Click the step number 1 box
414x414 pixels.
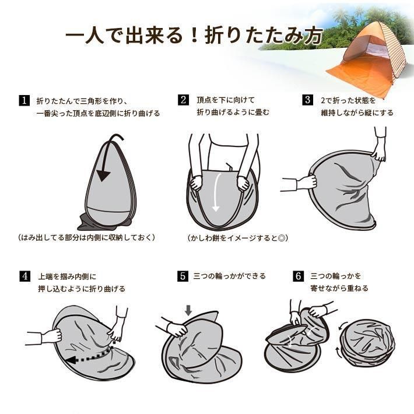point(24,100)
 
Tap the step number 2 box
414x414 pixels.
point(184,100)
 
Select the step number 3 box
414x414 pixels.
point(308,100)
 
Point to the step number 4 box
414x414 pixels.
point(25,276)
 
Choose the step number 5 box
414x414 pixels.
point(183,276)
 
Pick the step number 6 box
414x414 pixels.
point(298,276)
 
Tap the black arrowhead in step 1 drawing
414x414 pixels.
point(103,176)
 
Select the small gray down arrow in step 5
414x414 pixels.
point(188,310)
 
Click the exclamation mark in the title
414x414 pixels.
point(194,36)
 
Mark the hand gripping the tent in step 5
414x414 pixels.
point(177,329)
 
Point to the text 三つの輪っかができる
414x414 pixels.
point(229,276)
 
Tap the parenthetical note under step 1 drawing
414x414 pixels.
point(87,237)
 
